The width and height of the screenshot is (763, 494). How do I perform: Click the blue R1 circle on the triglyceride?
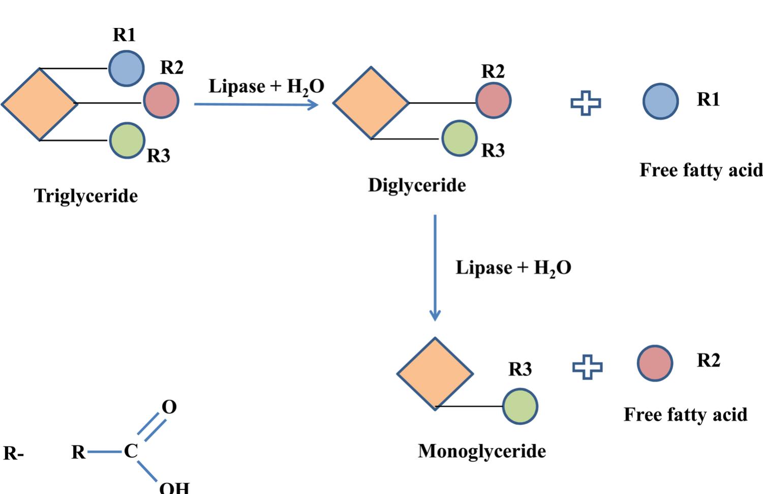click(126, 69)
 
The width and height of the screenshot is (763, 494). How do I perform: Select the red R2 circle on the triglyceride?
click(161, 101)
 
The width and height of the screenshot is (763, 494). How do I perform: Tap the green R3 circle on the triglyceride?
click(127, 140)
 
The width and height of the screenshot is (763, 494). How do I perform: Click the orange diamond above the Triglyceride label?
click(39, 104)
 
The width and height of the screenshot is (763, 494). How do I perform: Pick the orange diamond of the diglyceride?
click(371, 103)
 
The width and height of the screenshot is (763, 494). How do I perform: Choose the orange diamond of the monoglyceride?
click(435, 373)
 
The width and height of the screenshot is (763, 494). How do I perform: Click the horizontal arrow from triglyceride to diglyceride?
click(256, 104)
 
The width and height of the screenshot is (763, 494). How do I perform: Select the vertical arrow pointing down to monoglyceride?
click(435, 268)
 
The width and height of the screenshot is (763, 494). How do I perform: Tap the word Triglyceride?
click(86, 196)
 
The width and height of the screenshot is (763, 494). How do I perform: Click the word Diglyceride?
click(417, 185)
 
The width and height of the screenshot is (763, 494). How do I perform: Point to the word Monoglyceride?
click(482, 451)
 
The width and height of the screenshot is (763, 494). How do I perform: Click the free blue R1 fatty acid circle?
click(660, 101)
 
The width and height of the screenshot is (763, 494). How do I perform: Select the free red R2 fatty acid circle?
click(655, 363)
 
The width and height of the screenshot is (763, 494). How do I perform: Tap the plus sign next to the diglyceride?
click(586, 103)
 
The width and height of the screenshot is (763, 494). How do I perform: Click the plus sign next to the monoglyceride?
click(587, 367)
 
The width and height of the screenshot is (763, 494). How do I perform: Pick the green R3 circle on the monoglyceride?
click(520, 406)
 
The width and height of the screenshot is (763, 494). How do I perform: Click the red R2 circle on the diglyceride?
click(493, 101)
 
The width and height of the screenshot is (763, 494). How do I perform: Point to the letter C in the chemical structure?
click(131, 451)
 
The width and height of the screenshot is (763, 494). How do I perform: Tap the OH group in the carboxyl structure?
click(174, 487)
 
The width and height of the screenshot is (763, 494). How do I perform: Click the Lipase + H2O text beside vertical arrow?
click(513, 268)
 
